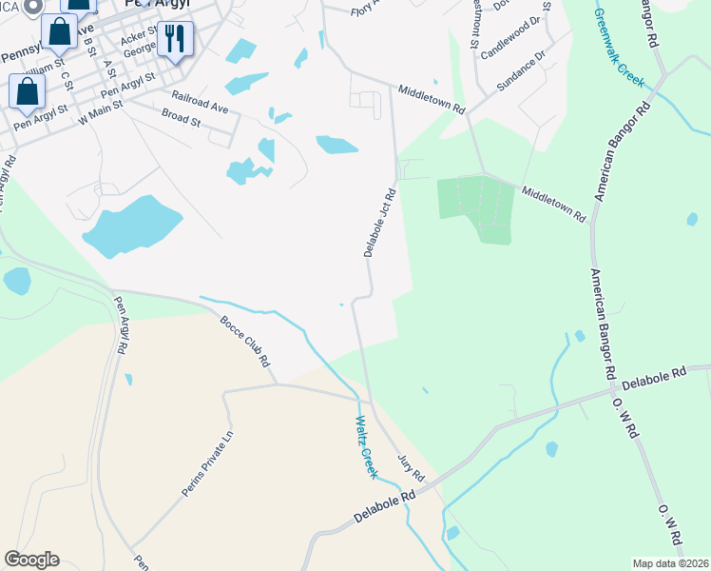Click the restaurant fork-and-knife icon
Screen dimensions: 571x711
click(x=174, y=39)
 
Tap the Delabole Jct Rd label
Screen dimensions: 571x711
click(x=379, y=221)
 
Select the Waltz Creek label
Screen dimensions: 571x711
click(x=366, y=446)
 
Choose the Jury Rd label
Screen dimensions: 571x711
click(x=411, y=466)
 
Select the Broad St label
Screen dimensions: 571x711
click(x=181, y=120)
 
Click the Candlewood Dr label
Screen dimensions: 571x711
click(x=516, y=37)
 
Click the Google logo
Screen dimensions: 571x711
click(x=31, y=560)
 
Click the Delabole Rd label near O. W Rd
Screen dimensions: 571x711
click(x=653, y=377)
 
